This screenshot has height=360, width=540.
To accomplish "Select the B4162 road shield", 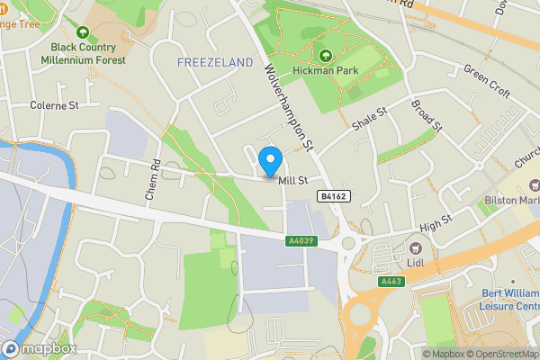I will pyautogui.click(x=334, y=195).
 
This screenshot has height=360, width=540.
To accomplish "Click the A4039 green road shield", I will pyautogui.click(x=301, y=241).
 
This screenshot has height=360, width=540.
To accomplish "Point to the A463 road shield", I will pyautogui.click(x=391, y=281).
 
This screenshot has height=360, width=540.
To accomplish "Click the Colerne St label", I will pyautogui.click(x=56, y=105).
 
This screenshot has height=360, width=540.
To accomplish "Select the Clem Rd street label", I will pyautogui.click(x=152, y=180).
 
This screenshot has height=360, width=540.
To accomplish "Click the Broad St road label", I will pyautogui.click(x=427, y=115).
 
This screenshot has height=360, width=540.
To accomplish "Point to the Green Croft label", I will pyautogui.click(x=486, y=81).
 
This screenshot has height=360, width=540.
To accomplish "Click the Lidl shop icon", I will pyautogui.click(x=415, y=247).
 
